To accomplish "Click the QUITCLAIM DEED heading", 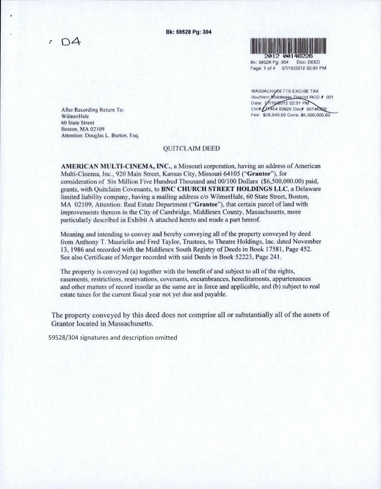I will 191,149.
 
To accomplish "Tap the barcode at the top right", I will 288,45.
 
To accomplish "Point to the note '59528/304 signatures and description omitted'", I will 113,338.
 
